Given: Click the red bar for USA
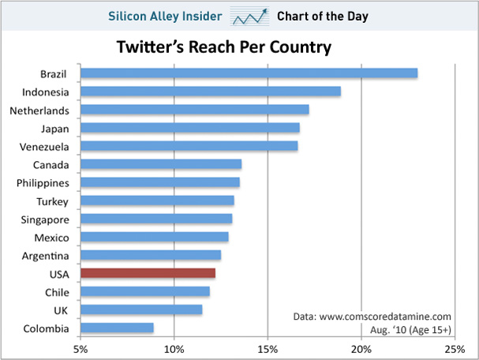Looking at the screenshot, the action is [x=148, y=273].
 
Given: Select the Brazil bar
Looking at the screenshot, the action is [x=249, y=73].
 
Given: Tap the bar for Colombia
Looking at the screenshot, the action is [x=117, y=328].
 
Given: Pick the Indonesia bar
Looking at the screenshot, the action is [x=211, y=92].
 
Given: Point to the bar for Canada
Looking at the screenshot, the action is [x=161, y=164].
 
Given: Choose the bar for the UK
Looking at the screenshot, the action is [x=141, y=309].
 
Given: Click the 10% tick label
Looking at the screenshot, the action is [x=174, y=349].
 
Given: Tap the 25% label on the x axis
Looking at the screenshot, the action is [x=455, y=349].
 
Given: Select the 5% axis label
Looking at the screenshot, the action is [x=80, y=349].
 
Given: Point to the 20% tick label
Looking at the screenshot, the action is [x=361, y=349].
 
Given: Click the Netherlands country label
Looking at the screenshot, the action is [x=39, y=111].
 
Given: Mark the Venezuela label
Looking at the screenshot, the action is [x=44, y=147].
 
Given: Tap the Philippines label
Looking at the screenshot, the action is [x=43, y=183].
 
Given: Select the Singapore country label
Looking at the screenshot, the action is [x=45, y=220].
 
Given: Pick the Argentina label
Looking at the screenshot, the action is [x=45, y=256].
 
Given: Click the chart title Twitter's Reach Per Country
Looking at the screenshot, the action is [x=224, y=47].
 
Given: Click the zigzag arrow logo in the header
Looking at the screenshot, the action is [x=250, y=17].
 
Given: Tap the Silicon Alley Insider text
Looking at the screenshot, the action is [x=165, y=17].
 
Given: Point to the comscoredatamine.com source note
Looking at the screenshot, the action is [x=372, y=317].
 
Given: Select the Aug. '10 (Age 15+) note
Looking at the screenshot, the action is [x=410, y=330].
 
